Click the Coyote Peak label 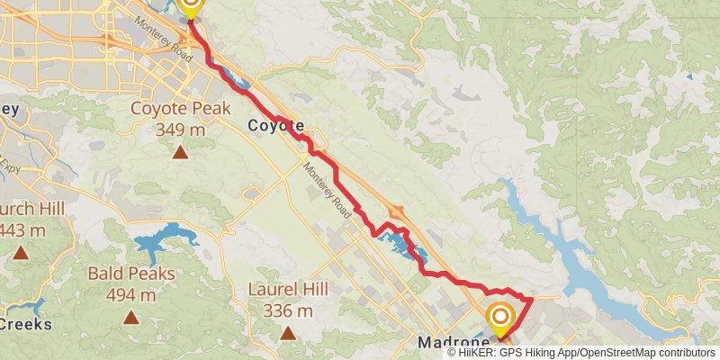(x=180, y=110)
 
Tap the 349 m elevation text (x=180, y=130)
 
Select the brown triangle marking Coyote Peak (x=181, y=151)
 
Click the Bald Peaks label (x=130, y=274)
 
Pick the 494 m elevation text (x=130, y=295)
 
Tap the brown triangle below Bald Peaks (x=131, y=317)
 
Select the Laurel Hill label (x=289, y=290)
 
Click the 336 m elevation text (x=289, y=310)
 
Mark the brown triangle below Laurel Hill (x=288, y=333)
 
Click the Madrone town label (x=452, y=343)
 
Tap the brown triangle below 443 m (x=21, y=253)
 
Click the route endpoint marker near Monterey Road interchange (x=190, y=7)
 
